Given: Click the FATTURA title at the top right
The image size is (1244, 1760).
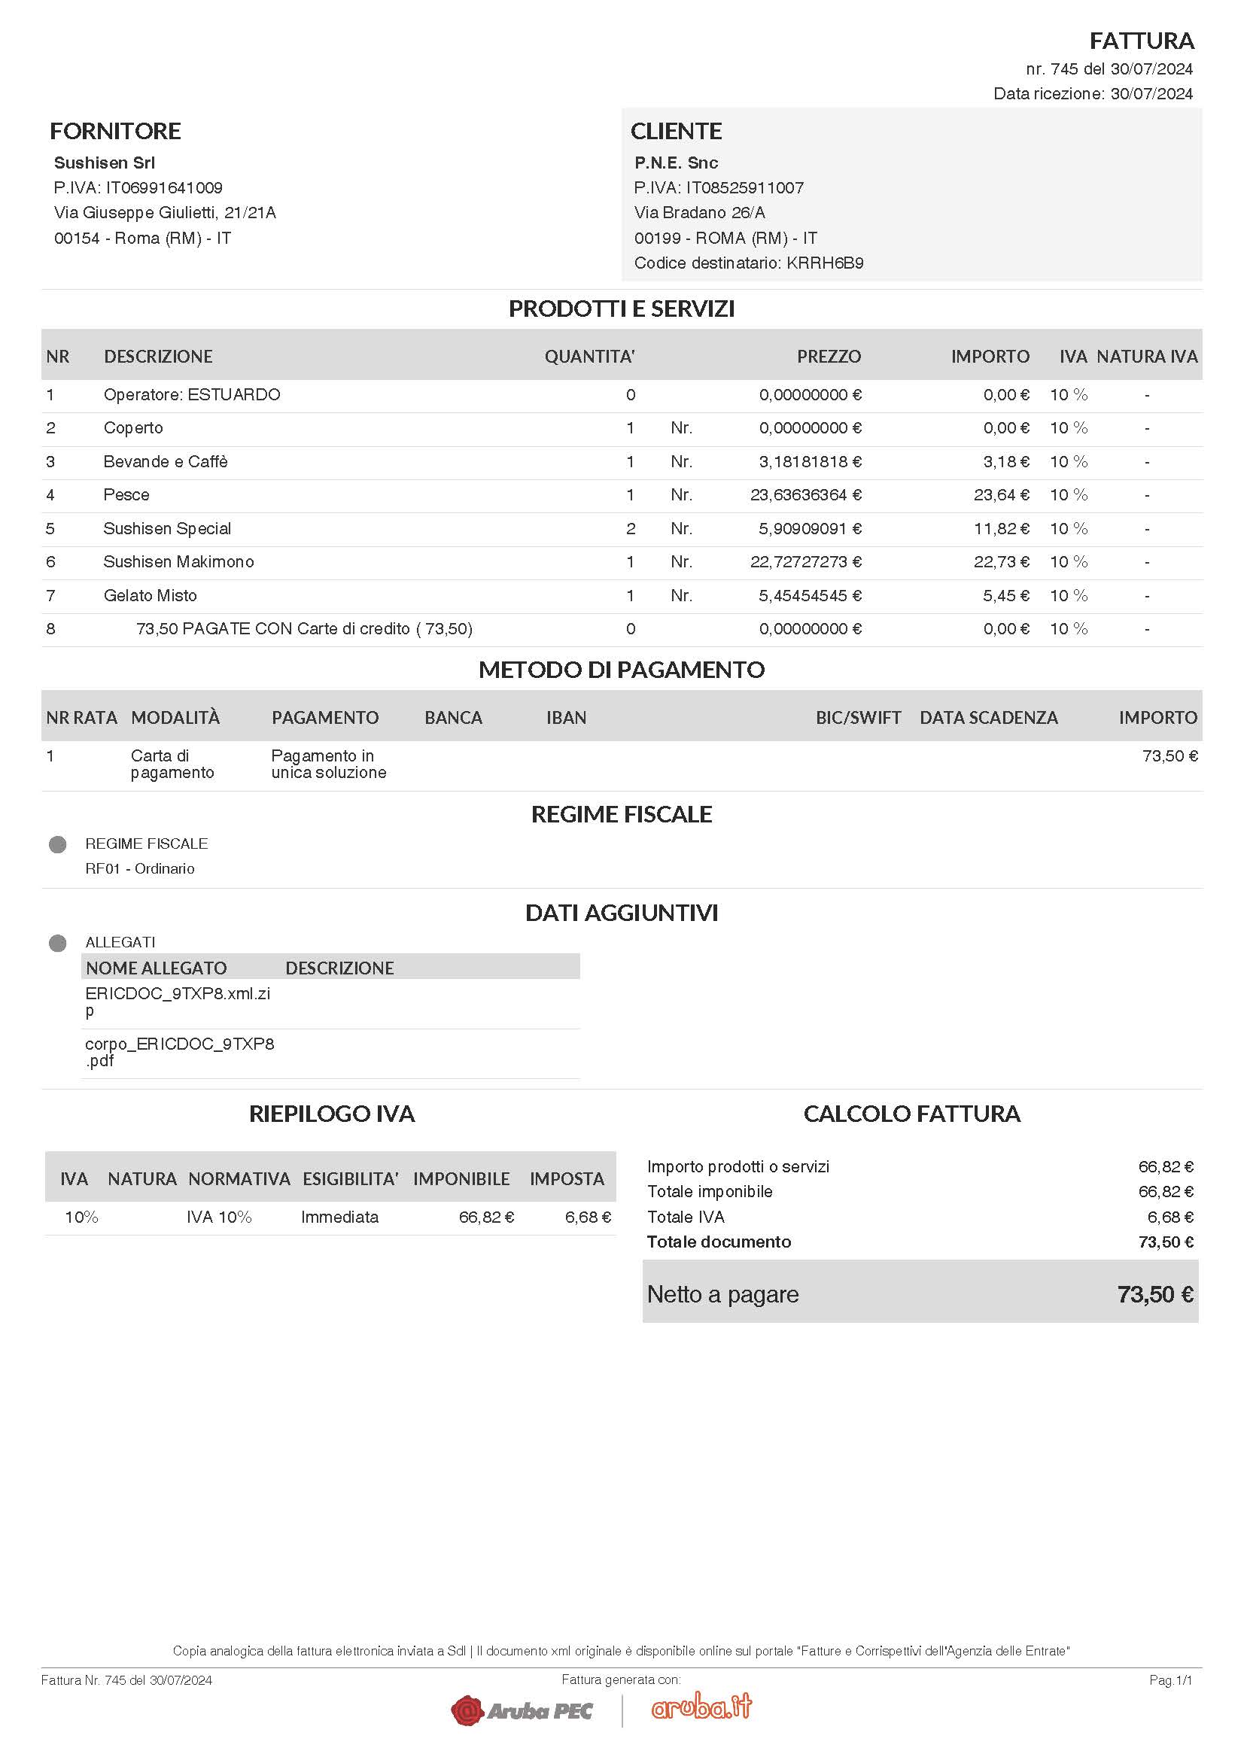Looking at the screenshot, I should [x=1142, y=41].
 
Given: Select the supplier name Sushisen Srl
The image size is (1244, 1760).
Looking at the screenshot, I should [x=105, y=163].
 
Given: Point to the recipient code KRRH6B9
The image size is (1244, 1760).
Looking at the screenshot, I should [x=825, y=263].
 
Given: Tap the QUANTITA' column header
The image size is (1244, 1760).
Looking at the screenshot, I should [x=589, y=357].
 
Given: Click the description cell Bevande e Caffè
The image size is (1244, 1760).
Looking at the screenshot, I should [x=166, y=461].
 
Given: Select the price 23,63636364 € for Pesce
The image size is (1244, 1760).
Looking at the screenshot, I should [x=805, y=495].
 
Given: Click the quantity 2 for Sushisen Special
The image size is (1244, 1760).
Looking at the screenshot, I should [x=631, y=529].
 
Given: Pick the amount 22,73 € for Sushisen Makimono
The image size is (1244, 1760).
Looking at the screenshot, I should [x=1001, y=562].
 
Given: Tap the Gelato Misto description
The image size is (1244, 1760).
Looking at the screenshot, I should [x=151, y=596].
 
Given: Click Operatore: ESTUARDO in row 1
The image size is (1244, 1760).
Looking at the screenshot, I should [x=192, y=395].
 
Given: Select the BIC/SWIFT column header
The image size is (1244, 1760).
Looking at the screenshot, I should [x=858, y=718].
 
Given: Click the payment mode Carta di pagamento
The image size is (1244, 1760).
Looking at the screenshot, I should [x=172, y=764].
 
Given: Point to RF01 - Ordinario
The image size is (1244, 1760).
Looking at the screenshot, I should [x=139, y=868].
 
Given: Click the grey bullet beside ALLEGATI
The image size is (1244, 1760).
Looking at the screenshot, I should [x=57, y=943].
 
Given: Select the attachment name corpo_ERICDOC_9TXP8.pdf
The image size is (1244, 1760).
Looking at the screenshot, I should [x=178, y=1052].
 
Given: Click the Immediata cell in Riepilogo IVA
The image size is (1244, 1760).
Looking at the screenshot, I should [x=339, y=1217].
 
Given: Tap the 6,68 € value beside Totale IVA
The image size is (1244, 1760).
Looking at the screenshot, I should [x=1169, y=1217].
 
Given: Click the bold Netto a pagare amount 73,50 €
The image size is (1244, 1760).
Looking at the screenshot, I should [x=1155, y=1295].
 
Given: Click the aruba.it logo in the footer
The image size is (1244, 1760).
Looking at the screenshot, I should [x=701, y=1707].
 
